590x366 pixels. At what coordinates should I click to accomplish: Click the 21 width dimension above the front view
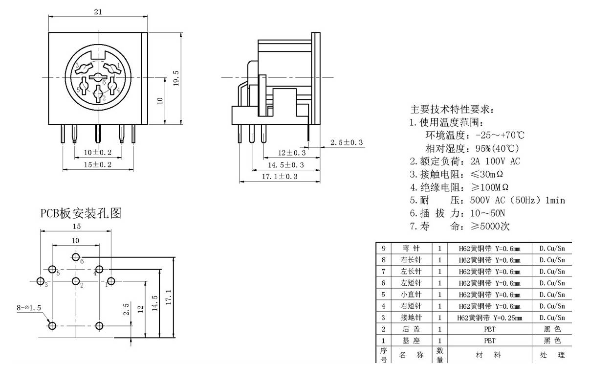click(98, 12)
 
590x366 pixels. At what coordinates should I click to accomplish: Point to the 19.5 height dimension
click(176, 78)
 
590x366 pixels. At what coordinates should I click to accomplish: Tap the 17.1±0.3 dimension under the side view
click(280, 177)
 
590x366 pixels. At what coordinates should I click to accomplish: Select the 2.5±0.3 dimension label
click(347, 142)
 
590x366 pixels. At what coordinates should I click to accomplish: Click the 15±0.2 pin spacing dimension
click(98, 165)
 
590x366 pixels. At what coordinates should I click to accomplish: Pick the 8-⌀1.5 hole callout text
click(29, 308)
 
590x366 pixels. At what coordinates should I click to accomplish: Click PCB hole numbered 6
click(76, 257)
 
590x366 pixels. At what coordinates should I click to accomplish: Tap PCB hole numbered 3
click(40, 281)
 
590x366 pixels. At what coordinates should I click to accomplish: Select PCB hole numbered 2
click(76, 281)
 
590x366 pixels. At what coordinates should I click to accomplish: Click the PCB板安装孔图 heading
click(81, 213)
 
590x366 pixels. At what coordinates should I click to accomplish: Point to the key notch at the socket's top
click(98, 55)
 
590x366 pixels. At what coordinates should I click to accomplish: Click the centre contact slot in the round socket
click(97, 77)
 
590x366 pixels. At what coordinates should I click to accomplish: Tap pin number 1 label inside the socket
click(118, 65)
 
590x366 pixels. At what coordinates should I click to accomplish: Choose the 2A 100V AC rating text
click(495, 161)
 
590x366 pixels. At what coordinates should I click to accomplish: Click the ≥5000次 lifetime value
click(490, 226)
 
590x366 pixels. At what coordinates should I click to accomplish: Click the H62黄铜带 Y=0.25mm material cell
click(490, 318)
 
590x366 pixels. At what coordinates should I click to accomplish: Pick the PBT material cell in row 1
click(490, 341)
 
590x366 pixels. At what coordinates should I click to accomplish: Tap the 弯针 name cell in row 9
click(411, 248)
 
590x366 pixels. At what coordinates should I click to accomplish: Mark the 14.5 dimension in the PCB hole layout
click(155, 303)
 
